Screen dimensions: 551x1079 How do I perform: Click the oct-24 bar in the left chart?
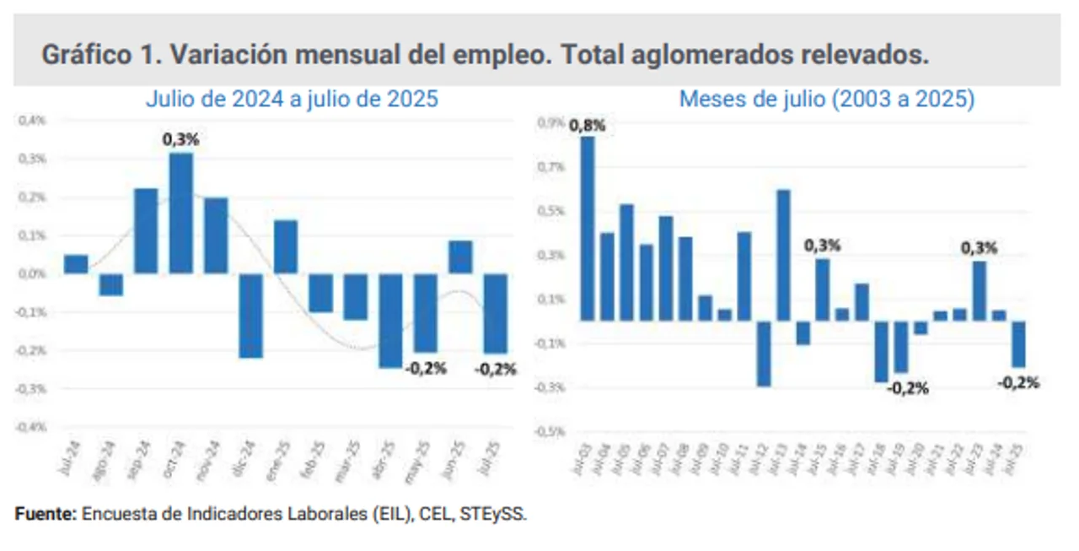(181, 213)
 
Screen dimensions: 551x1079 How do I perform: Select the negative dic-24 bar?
(250, 316)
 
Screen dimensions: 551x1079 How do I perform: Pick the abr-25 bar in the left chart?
(390, 321)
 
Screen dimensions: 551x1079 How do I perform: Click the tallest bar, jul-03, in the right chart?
(588, 229)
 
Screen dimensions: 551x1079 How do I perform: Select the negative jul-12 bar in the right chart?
(764, 354)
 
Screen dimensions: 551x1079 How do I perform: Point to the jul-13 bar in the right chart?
(783, 255)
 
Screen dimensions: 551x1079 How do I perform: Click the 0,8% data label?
(588, 126)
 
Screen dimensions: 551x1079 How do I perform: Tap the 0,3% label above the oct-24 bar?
(180, 140)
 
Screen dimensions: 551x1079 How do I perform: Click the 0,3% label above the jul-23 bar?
(980, 248)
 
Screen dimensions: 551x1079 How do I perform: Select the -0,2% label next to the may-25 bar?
(426, 368)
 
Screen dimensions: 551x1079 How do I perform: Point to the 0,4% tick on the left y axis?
(34, 121)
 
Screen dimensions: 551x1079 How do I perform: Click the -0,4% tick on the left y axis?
(32, 427)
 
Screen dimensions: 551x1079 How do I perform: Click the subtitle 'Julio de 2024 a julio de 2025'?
(292, 99)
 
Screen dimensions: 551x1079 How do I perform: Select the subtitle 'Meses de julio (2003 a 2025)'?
(826, 99)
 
